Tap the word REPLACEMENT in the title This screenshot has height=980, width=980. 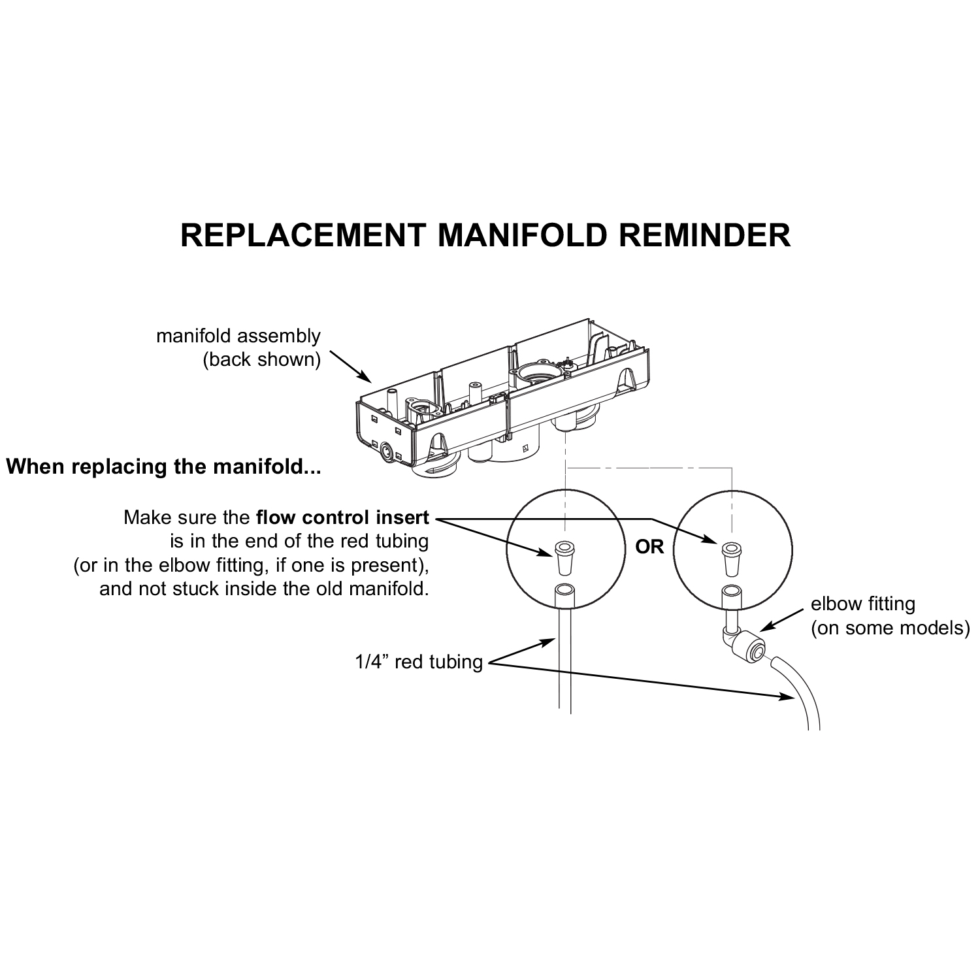302,235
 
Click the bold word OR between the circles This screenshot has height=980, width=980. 649,547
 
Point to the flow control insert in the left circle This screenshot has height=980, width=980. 563,556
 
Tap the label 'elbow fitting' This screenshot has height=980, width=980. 862,604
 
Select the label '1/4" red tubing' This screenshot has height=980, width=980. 419,662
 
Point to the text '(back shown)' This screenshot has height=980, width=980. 261,360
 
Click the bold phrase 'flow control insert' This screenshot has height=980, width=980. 342,518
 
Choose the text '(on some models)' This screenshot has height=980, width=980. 890,628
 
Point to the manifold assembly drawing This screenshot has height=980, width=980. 503,399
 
